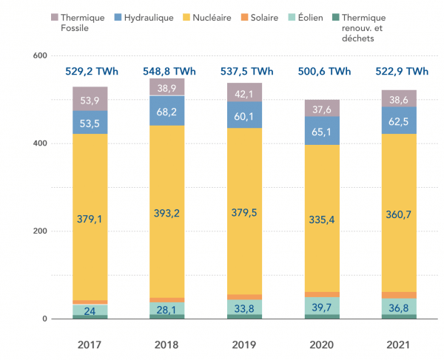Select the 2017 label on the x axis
click(90, 344)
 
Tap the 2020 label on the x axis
click(321, 344)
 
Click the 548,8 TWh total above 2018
click(169, 72)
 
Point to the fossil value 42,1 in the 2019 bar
click(244, 93)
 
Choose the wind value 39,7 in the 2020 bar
click(321, 307)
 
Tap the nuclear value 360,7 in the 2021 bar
click(398, 215)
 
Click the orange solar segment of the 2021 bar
click(398, 295)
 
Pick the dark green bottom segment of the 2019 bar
click(244, 316)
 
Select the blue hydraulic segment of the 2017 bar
click(90, 123)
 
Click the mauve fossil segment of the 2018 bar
click(167, 86)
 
